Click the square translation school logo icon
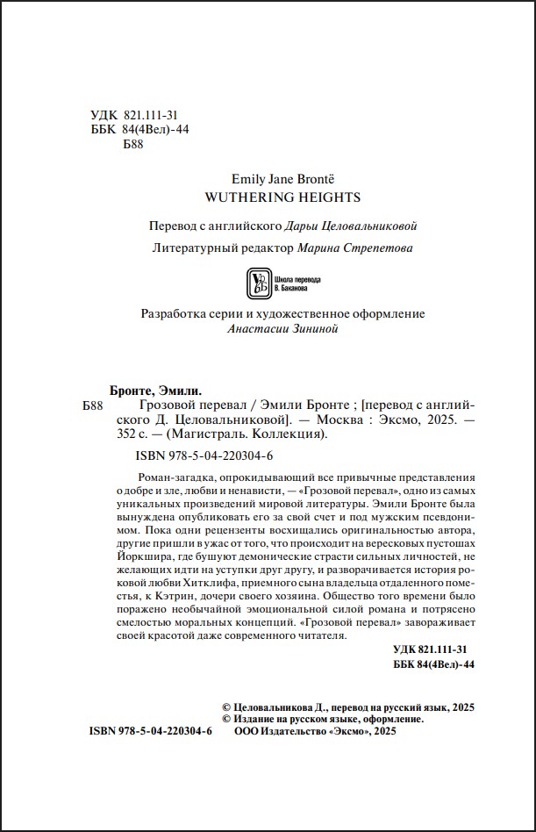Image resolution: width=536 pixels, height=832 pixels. [257, 282]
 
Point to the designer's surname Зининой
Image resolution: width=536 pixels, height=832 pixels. [311, 329]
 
